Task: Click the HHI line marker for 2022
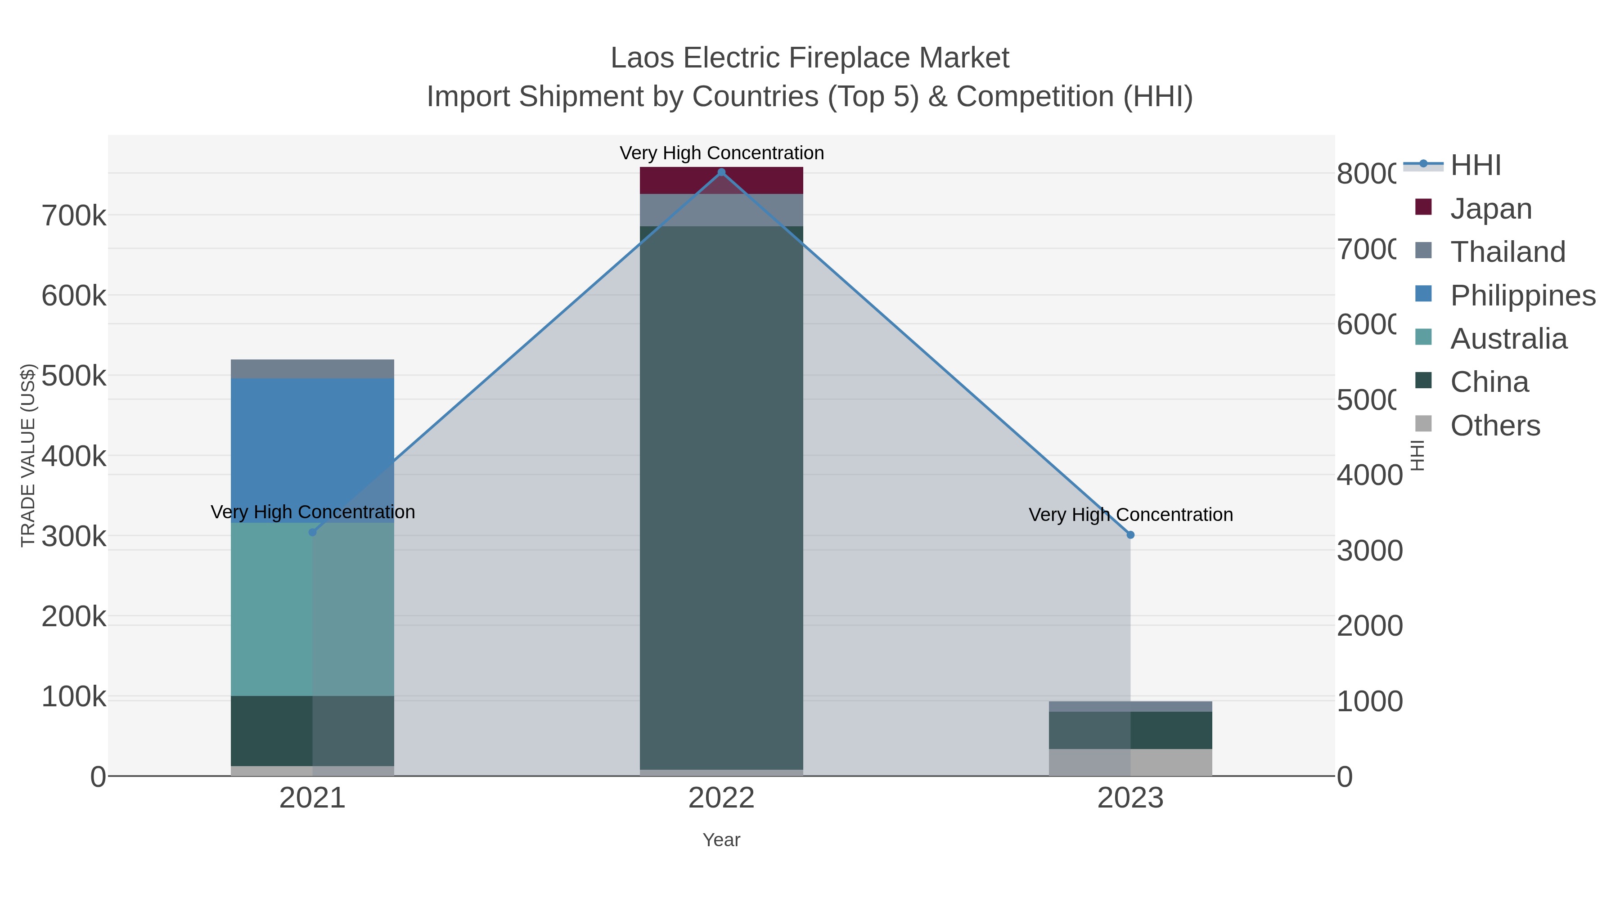tap(721, 172)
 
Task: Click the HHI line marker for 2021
tap(313, 533)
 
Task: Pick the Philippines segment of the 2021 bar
tap(313, 450)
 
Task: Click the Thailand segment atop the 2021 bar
tap(313, 369)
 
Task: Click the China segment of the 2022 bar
tap(721, 497)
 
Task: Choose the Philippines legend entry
tap(1522, 296)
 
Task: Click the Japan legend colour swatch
tap(1423, 207)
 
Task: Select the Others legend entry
tap(1495, 426)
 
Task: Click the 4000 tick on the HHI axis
tap(1369, 476)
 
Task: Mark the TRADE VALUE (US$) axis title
tap(27, 455)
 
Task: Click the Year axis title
tap(721, 840)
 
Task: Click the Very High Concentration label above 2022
tap(721, 153)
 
